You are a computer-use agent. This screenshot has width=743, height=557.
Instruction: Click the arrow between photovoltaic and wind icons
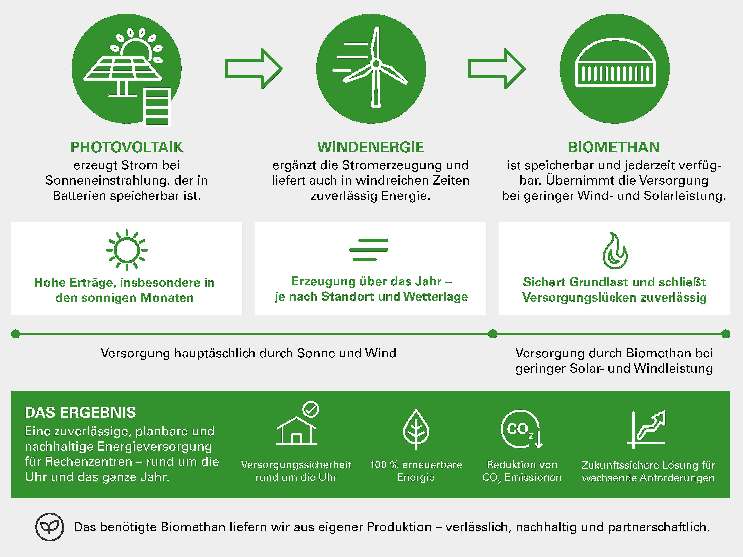tap(254, 68)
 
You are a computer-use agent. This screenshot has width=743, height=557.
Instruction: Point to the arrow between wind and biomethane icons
tap(497, 68)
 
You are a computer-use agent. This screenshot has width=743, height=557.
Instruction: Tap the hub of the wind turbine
tap(376, 63)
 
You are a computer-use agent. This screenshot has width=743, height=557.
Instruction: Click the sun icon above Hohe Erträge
tap(127, 250)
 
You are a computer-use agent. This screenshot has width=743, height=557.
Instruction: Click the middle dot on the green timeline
tap(492, 334)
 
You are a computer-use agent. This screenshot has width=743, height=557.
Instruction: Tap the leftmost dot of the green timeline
tap(15, 334)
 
